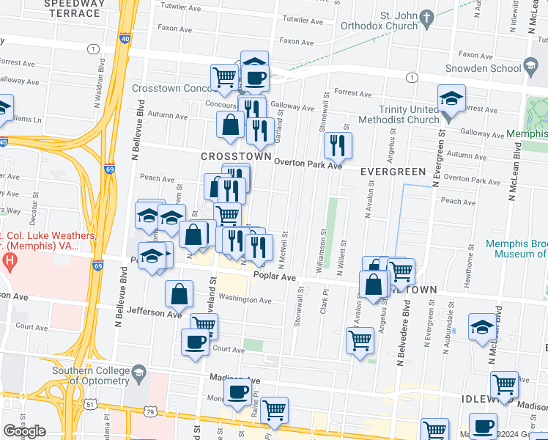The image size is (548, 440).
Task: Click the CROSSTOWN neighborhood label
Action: pyautogui.click(x=236, y=157)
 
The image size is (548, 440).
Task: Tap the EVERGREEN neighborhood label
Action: pyautogui.click(x=393, y=171)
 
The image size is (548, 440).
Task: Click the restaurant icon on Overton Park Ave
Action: pyautogui.click(x=337, y=145)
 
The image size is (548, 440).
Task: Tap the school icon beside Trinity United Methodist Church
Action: pyautogui.click(x=451, y=99)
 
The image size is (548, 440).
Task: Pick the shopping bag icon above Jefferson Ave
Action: pyautogui.click(x=179, y=294)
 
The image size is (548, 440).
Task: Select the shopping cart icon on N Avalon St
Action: pyautogui.click(x=360, y=340)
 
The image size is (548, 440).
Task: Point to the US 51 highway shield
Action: pyautogui.click(x=89, y=403)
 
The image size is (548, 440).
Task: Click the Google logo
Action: pyautogui.click(x=24, y=431)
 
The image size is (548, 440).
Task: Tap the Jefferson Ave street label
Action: pyautogui.click(x=153, y=314)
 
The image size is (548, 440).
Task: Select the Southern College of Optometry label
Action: pyautogui.click(x=91, y=375)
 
